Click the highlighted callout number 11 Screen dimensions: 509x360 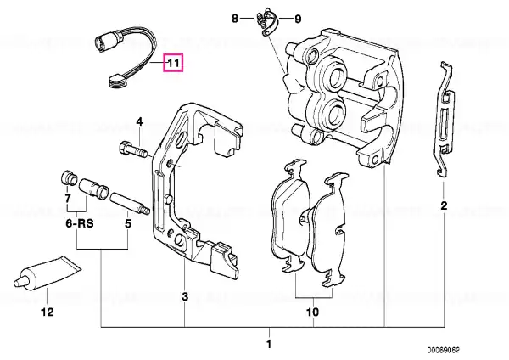[173, 62]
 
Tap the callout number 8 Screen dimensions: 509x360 [235, 19]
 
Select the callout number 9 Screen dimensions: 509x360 [298, 19]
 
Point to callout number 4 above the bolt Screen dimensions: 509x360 [139, 122]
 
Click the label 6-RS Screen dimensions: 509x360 [80, 223]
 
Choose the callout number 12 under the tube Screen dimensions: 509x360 [47, 312]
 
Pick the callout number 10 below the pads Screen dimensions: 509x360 [312, 312]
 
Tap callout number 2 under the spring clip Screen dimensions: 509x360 [444, 205]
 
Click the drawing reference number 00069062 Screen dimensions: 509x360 [443, 351]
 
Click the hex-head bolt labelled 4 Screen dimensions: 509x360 [133, 152]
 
